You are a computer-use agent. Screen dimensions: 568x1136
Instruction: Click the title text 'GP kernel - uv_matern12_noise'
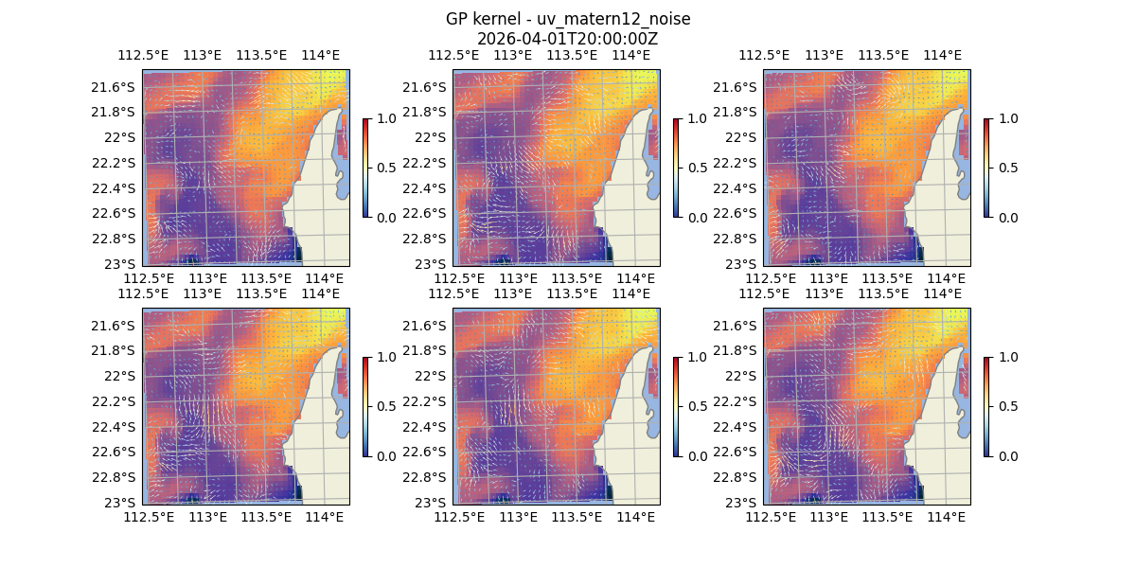(567, 20)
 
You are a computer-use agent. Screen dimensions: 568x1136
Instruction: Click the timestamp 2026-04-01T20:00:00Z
(567, 39)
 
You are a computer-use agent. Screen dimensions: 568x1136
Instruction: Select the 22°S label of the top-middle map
(431, 137)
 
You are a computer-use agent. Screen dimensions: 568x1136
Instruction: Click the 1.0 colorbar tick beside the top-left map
(384, 118)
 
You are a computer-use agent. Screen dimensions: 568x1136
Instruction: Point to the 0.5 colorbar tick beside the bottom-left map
(384, 406)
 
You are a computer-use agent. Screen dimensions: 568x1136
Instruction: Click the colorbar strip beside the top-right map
(986, 168)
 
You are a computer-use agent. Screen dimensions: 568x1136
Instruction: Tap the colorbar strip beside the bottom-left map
(365, 406)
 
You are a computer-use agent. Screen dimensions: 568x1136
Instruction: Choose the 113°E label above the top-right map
(824, 55)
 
